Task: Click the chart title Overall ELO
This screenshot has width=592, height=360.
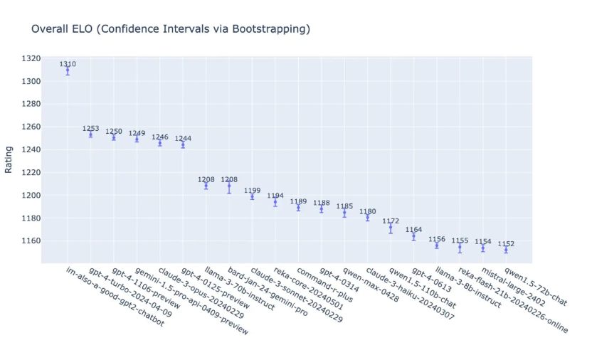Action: click(62, 29)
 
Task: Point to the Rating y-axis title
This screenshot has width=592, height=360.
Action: click(9, 159)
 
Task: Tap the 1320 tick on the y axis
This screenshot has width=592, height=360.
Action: click(31, 58)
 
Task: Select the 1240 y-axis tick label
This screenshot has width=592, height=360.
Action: click(31, 150)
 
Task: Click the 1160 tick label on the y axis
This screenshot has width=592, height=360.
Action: click(31, 240)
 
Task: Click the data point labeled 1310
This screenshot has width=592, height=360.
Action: click(68, 70)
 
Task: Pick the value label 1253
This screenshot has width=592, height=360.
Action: click(90, 128)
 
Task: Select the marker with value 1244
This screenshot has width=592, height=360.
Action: click(183, 145)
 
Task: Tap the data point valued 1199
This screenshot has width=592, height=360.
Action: click(252, 196)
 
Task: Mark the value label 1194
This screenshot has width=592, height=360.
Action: click(275, 196)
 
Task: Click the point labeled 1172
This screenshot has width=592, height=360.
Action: click(391, 227)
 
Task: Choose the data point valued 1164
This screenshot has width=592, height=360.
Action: click(414, 236)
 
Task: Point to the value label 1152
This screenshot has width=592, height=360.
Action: click(506, 244)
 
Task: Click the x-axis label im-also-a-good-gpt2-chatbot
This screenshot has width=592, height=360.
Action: click(115, 297)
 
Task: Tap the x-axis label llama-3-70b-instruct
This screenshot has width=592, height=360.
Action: click(240, 289)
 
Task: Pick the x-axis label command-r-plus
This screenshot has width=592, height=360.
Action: click(324, 285)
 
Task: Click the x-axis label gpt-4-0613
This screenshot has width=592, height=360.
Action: click(431, 280)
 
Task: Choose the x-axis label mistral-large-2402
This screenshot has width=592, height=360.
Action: click(514, 287)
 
